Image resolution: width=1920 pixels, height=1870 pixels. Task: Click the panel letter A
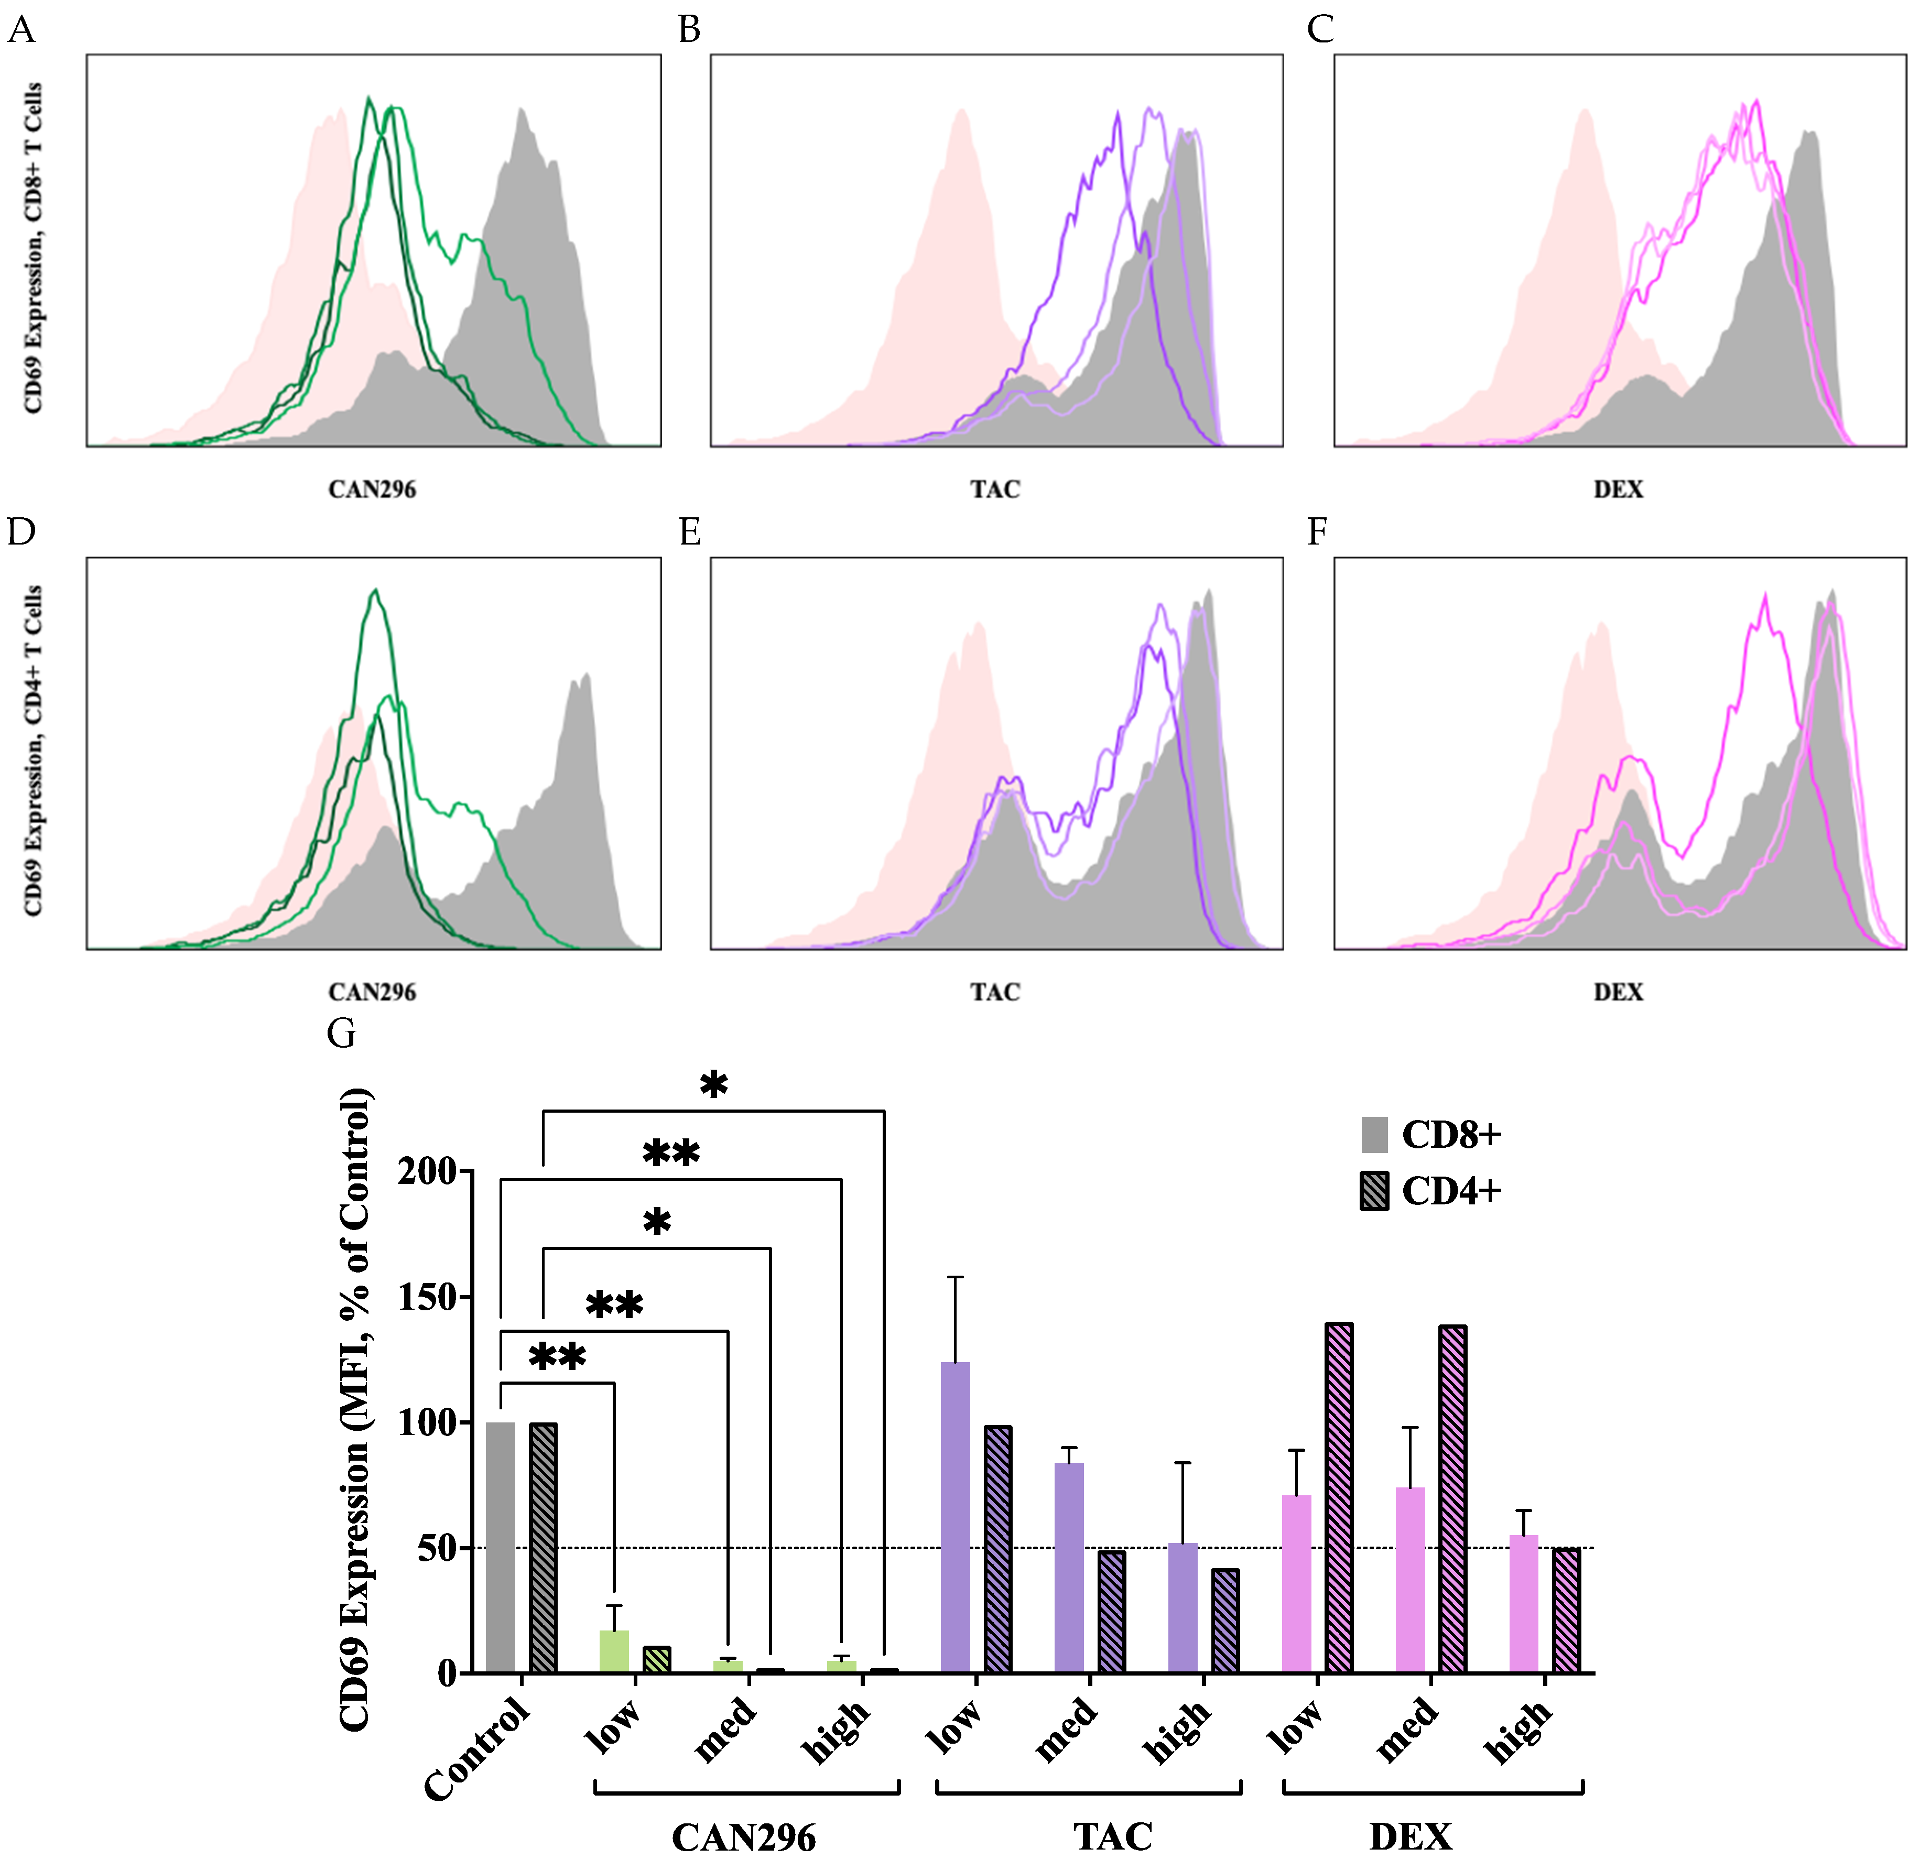[x=21, y=30]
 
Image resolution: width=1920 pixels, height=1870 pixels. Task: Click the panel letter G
[x=341, y=1033]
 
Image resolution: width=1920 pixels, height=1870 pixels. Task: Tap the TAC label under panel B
[x=995, y=489]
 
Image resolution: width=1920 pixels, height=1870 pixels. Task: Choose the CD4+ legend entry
[x=1450, y=1191]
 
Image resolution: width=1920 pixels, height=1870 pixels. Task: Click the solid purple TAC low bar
[x=954, y=1517]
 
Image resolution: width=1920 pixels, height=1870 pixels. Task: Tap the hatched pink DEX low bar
[x=1339, y=1498]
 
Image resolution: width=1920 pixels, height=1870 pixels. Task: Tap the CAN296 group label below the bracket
[x=743, y=1836]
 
